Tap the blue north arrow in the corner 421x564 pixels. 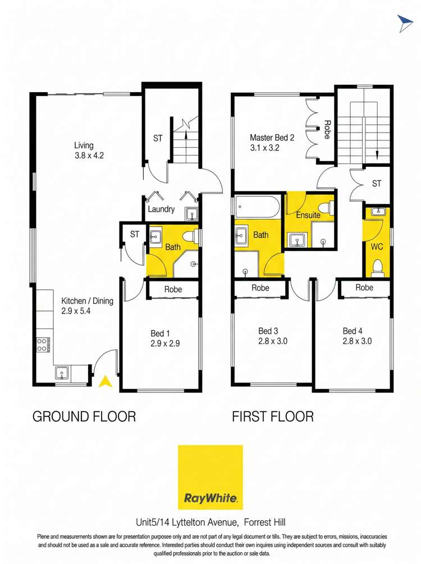click(x=405, y=22)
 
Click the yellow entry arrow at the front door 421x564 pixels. click(x=104, y=382)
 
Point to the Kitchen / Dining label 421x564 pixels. click(x=87, y=306)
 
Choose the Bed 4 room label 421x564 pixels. click(x=357, y=335)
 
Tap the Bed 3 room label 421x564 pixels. click(x=272, y=335)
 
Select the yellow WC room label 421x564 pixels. click(x=376, y=246)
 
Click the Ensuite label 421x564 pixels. click(x=308, y=215)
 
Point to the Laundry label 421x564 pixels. click(x=161, y=209)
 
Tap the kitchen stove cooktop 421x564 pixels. click(x=43, y=343)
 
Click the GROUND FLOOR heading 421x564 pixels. click(x=84, y=416)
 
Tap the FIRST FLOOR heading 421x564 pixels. click(x=273, y=416)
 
